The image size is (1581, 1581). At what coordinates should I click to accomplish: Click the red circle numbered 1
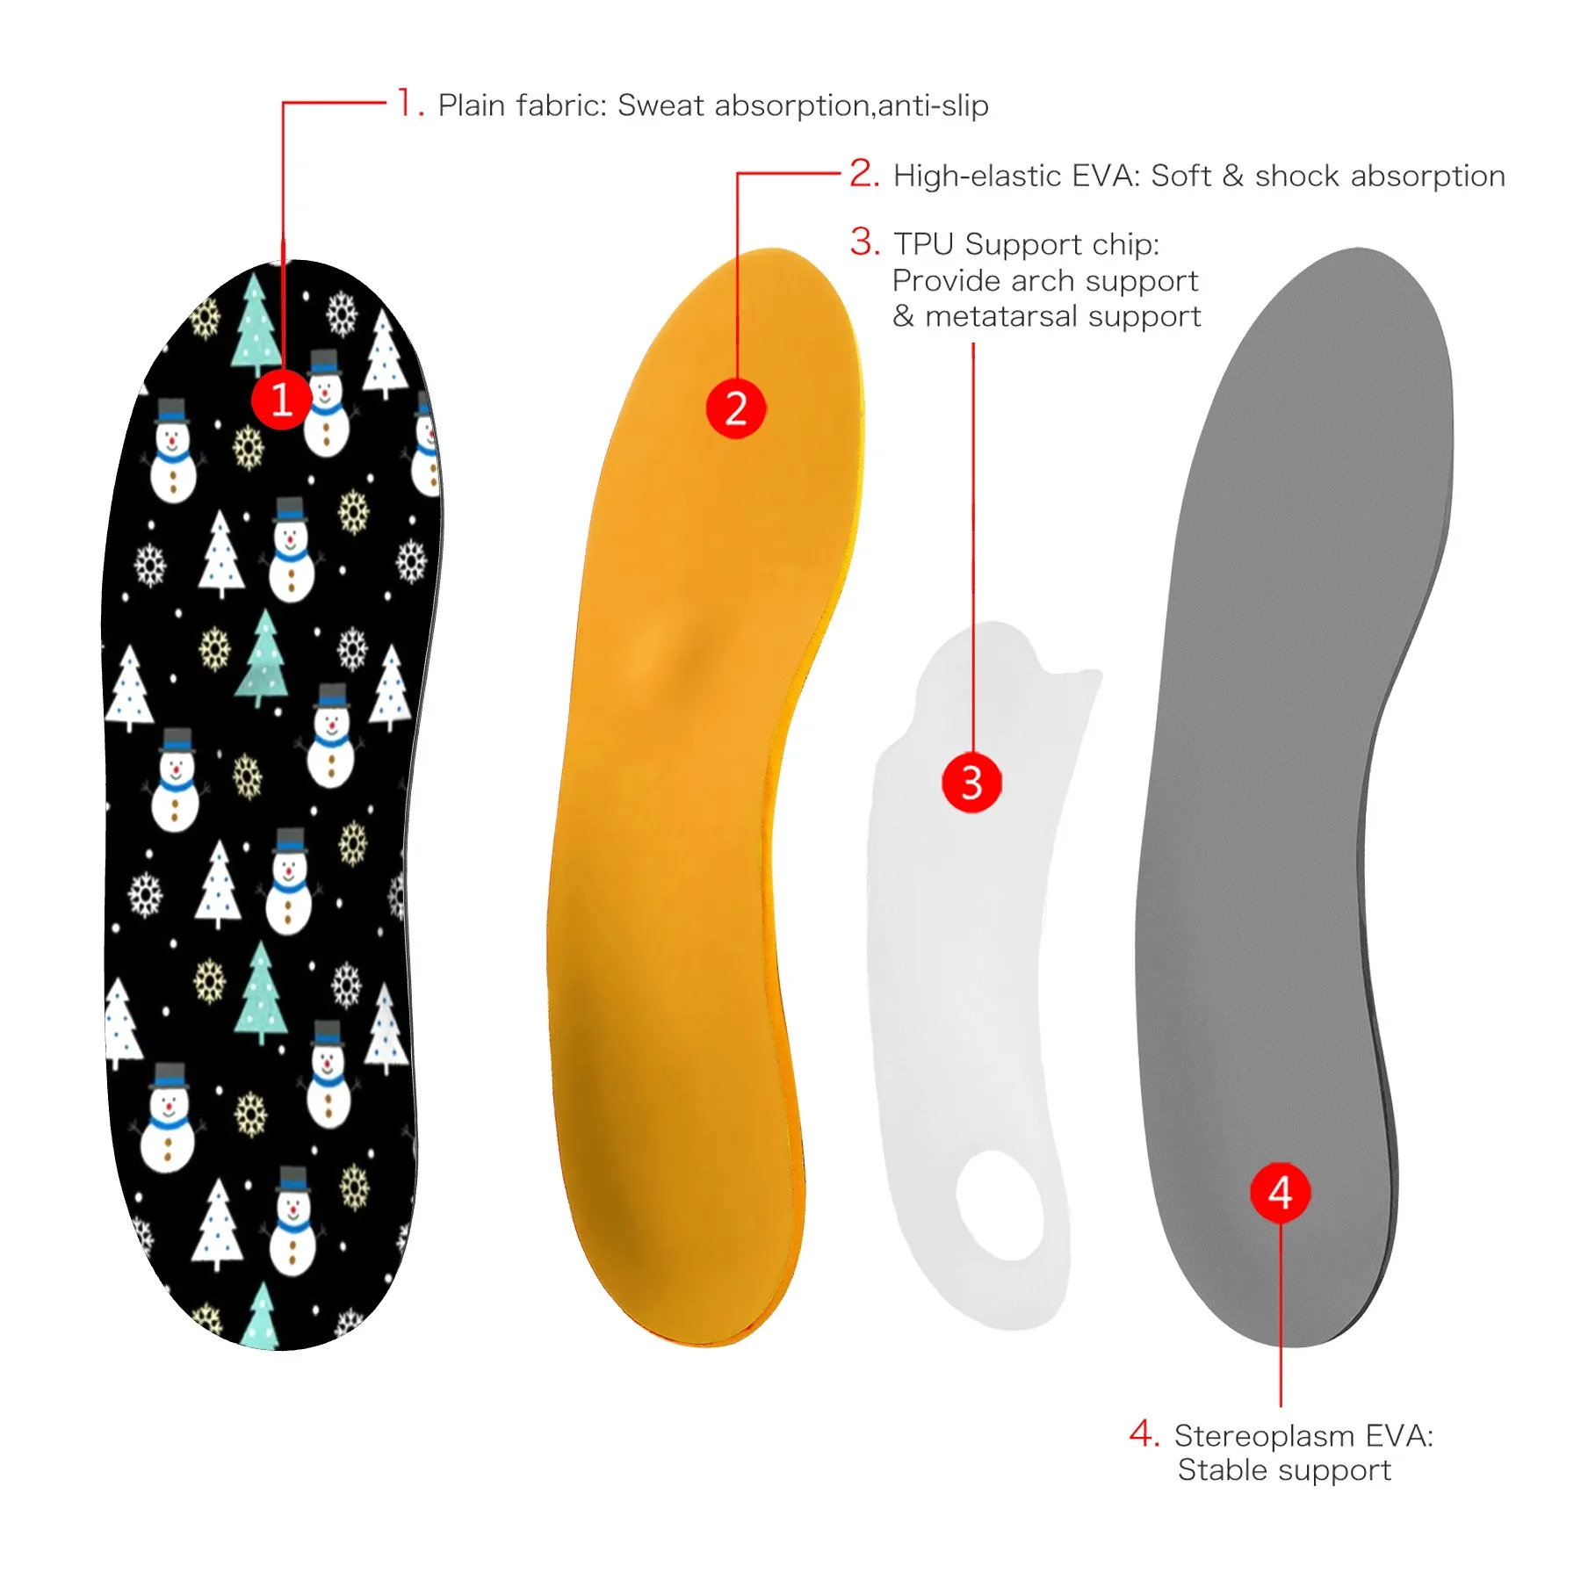point(281,400)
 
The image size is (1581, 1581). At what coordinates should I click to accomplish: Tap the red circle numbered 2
point(736,408)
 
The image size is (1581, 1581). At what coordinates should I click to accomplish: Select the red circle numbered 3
point(971,782)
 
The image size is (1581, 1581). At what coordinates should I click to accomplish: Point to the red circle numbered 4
point(1281,1192)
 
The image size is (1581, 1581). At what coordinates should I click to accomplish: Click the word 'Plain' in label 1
point(473,105)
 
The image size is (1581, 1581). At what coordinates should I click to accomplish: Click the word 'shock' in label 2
point(1297,176)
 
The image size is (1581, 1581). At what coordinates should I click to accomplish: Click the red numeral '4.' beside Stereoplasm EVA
point(1144,1433)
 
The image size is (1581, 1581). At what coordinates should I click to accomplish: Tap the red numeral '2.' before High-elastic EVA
point(864,173)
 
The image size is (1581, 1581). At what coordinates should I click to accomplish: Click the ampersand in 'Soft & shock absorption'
point(1233,176)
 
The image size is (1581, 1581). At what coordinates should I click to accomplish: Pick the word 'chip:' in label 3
point(1126,244)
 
